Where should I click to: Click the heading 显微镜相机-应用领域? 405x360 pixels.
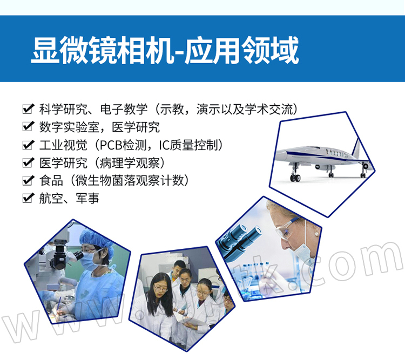coord(165,50)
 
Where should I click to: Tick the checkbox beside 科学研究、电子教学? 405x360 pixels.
coord(28,108)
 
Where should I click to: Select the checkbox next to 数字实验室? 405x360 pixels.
coord(28,126)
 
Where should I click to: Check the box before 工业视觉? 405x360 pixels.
coord(28,145)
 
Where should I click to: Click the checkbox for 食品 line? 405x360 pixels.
coord(28,180)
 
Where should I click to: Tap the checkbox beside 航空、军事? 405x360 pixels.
coord(28,198)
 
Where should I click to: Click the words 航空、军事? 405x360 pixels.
coord(69,198)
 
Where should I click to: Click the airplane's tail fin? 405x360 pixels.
coord(357,147)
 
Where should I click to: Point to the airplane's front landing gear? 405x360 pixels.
coord(295,173)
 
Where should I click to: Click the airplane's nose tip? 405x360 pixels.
coord(276,156)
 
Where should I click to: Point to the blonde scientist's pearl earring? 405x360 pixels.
coord(316,234)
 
